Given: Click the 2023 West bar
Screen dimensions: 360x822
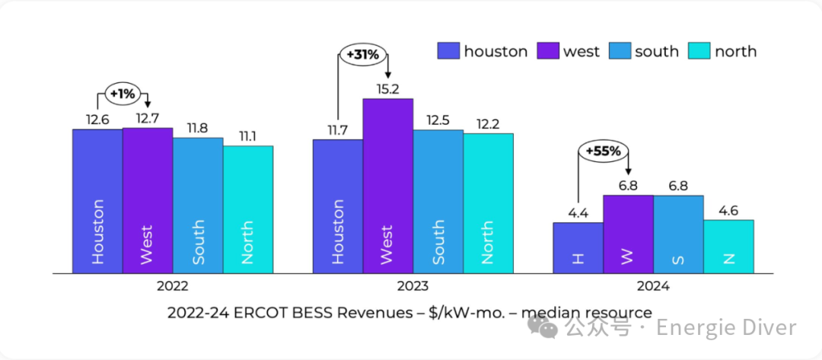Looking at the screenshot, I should point(387,186).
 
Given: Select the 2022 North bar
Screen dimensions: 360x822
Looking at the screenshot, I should point(247,209).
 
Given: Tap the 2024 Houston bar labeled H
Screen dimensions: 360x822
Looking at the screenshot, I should point(578,247).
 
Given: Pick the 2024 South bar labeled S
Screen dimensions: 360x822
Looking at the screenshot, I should point(678,234).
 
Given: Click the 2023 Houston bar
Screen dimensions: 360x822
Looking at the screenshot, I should point(337,205).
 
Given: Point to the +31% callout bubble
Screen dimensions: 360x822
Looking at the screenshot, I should point(363,56).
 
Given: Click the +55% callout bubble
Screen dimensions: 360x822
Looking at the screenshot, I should point(604,151).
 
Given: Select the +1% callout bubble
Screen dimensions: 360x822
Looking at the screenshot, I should point(122,94).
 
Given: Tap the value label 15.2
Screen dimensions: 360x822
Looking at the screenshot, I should point(387,89).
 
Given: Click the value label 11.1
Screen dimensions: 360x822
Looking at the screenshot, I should point(247,136).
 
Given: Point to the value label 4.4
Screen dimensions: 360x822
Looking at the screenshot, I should point(578,213).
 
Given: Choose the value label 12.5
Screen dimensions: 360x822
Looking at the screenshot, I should point(438,120).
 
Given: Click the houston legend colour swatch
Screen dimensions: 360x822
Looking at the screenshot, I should point(448,52).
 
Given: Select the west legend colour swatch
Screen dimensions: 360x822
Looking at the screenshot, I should point(548,52).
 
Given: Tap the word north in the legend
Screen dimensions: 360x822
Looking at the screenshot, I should point(735,52).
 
